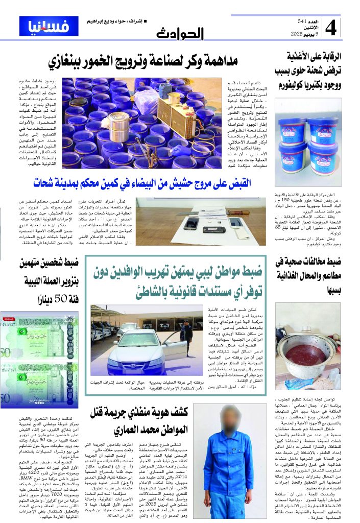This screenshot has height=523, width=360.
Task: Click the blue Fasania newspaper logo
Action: pyautogui.click(x=42, y=26)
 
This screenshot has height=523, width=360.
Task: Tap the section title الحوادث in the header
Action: pyautogui.click(x=180, y=34)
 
